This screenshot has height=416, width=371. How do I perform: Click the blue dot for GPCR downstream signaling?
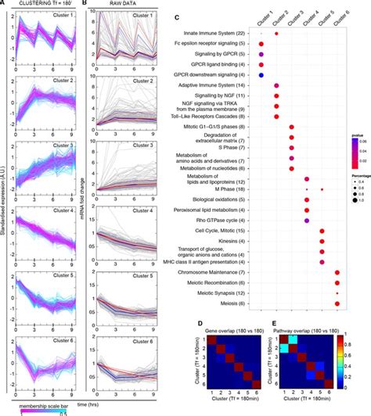[x=261, y=74]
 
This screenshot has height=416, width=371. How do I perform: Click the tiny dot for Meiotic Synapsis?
[x=337, y=293]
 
